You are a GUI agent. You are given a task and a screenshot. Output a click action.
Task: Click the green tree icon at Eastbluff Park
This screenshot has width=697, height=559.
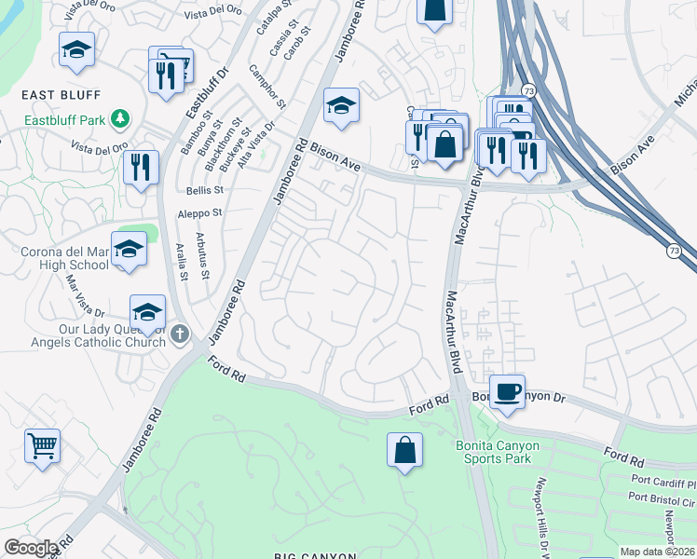tap(119, 118)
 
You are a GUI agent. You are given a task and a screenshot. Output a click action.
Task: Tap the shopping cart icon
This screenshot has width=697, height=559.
tap(42, 446)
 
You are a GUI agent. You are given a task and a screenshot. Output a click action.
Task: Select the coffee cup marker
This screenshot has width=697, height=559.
tap(507, 391)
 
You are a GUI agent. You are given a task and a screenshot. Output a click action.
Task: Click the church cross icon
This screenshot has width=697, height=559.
tap(181, 333)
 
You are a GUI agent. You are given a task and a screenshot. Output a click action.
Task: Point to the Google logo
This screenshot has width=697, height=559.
tap(31, 548)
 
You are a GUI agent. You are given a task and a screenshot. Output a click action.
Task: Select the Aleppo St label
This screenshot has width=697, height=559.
tap(200, 213)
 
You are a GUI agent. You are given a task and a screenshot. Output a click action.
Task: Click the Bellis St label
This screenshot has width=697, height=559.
tap(206, 189)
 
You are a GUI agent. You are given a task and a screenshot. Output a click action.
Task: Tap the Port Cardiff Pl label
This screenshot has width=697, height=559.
tap(663, 484)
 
